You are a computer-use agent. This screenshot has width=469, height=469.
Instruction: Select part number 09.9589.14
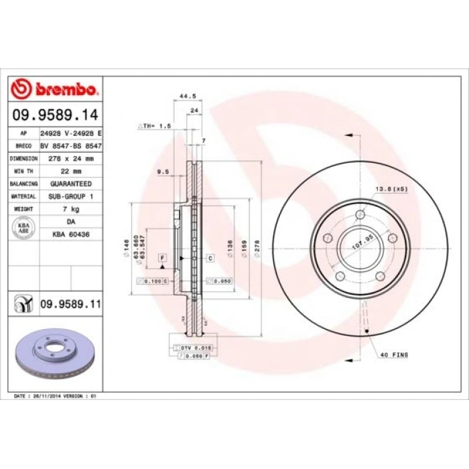(56, 116)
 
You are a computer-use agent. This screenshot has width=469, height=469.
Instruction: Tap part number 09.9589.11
(70, 305)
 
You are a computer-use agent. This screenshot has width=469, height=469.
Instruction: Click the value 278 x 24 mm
(66, 159)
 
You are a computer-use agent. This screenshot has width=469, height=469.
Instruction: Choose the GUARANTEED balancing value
(70, 183)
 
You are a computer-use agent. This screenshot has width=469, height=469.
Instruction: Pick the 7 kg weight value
(70, 209)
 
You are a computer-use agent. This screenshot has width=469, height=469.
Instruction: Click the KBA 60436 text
(70, 234)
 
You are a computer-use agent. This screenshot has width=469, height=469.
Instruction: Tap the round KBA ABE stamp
(23, 228)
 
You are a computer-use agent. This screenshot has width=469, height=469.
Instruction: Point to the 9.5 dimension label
(161, 172)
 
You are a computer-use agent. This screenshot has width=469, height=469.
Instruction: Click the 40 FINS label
(395, 354)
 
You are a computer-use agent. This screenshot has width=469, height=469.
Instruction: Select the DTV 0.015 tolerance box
(194, 348)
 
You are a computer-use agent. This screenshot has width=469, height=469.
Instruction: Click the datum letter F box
(161, 258)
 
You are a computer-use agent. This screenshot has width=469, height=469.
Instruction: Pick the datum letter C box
(210, 258)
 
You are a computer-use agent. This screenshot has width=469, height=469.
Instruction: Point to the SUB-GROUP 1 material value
(70, 196)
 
